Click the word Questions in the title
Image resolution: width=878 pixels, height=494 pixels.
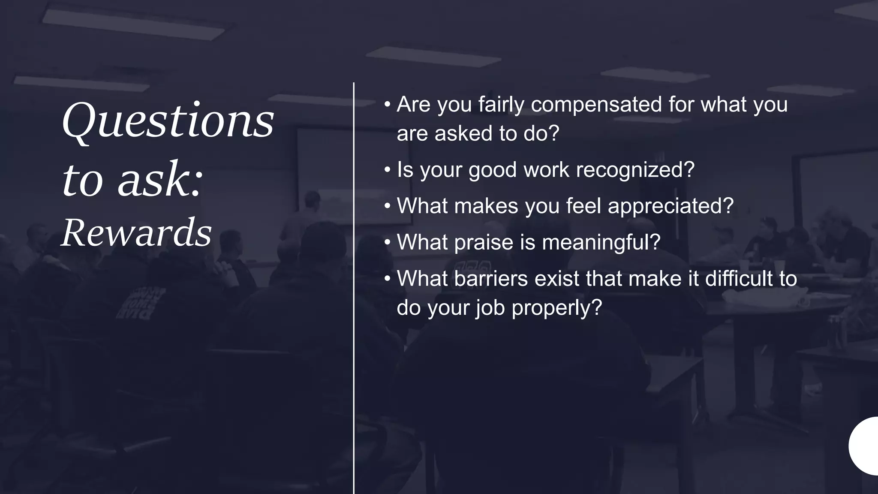tap(168, 121)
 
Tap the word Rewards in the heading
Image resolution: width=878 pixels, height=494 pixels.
tap(136, 232)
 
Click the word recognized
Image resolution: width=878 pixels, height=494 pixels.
tap(635, 170)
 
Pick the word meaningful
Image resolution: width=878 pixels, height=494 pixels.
tap(601, 243)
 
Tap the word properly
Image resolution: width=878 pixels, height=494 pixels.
tap(557, 308)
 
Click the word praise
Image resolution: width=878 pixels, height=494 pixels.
tap(483, 243)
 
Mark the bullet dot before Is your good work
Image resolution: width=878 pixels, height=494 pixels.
tap(388, 170)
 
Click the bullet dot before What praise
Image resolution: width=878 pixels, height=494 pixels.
tap(388, 242)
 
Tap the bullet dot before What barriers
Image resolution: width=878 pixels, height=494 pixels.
tap(388, 279)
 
